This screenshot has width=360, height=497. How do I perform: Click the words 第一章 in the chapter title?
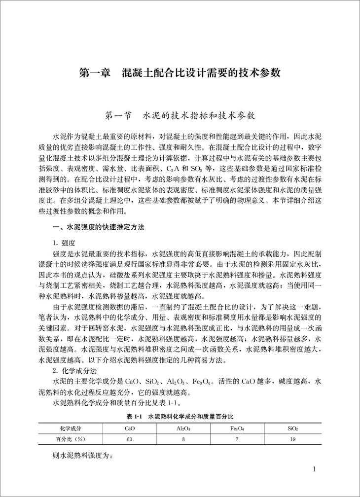97,73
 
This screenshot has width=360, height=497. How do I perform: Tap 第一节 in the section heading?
119,116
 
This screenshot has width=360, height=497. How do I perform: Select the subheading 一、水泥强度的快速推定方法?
99,228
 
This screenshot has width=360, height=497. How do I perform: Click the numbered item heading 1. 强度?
64,243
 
